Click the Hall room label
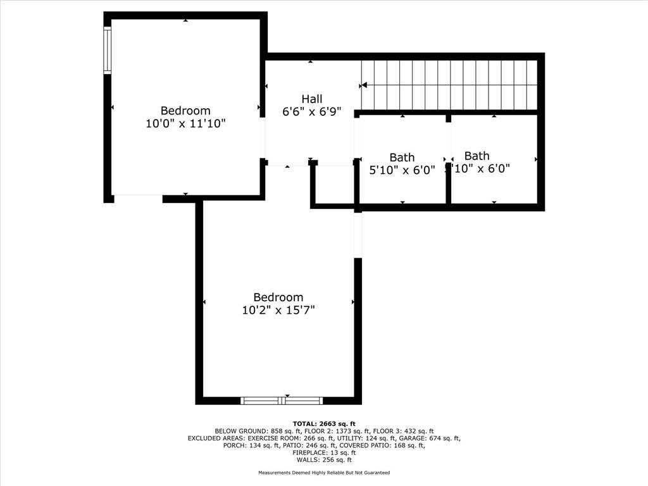[x=311, y=99]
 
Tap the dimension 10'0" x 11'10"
[x=185, y=124]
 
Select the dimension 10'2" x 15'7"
[x=278, y=310]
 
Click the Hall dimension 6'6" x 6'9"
[x=311, y=112]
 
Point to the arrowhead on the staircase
[x=364, y=85]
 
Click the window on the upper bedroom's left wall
[x=108, y=51]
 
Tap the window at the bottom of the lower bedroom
[x=282, y=400]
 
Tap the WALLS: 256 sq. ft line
[x=323, y=460]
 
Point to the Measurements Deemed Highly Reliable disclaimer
[x=323, y=473]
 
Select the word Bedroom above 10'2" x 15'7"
[x=278, y=297]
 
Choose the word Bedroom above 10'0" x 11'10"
[x=185, y=111]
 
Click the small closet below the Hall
[x=333, y=185]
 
